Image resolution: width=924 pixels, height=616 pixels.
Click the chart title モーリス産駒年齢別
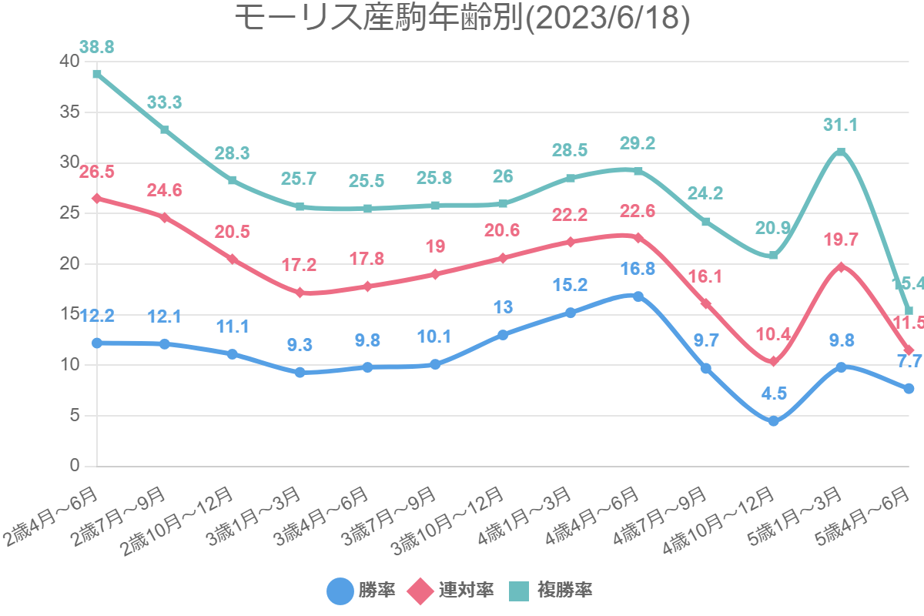click(461, 18)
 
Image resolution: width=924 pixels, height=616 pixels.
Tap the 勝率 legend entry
click(361, 591)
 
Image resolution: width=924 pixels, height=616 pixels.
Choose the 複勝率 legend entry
click(550, 591)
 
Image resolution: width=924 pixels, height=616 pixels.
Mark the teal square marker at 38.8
click(97, 74)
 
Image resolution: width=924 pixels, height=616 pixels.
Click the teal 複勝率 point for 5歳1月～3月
click(841, 152)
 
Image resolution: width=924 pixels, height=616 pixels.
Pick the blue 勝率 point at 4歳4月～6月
click(638, 296)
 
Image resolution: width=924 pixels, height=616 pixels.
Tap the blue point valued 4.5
click(773, 421)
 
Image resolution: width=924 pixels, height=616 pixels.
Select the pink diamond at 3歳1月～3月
click(300, 293)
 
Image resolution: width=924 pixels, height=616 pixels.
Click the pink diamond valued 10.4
click(773, 361)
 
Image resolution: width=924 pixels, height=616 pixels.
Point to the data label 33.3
click(164, 102)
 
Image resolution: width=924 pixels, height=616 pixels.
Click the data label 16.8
click(638, 269)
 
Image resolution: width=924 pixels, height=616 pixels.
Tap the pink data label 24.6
click(164, 190)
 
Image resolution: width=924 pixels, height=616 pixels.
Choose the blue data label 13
click(503, 307)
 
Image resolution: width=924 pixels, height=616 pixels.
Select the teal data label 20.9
click(773, 227)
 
